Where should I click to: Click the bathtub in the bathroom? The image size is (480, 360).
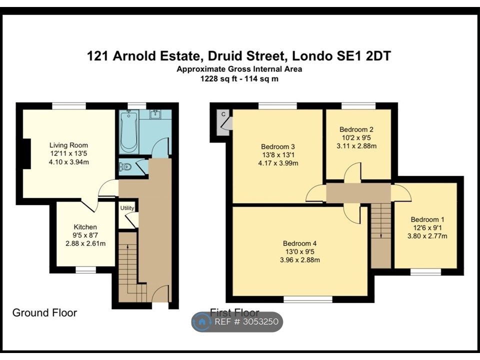coord(128,132)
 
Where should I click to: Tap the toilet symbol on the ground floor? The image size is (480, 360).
coord(125,167)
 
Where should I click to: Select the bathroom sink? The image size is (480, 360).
coord(155,114)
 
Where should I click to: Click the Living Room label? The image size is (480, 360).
coord(68,145)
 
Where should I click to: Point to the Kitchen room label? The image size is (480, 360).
coord(85,227)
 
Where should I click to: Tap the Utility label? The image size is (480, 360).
coord(127,208)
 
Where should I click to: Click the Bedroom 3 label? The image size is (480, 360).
coord(278,146)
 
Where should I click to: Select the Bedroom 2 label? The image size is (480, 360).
coord(356,129)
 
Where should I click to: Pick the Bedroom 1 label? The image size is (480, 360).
coord(427,219)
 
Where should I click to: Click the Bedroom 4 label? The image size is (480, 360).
coord(299,243)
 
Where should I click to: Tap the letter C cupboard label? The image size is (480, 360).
coord(223,114)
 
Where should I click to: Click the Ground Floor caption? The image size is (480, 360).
coord(44,312)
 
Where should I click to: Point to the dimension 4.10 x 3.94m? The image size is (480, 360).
coord(69,162)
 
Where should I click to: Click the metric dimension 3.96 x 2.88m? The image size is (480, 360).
coord(300,260)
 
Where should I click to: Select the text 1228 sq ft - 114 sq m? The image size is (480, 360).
coord(239,78)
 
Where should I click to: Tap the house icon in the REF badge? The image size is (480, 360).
coord(202,321)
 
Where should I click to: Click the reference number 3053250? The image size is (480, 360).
coord(260,321)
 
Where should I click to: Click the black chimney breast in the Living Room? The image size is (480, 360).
coord(26,153)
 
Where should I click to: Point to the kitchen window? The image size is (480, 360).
coord(85,269)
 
